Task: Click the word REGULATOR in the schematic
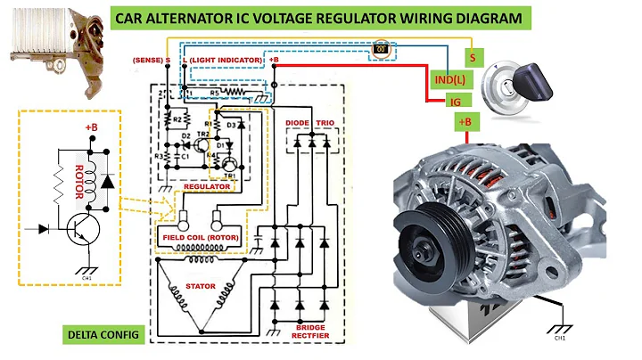(x=207, y=187)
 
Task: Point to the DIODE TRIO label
(x=308, y=120)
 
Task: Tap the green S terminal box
(x=470, y=57)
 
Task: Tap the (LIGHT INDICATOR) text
(x=228, y=59)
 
